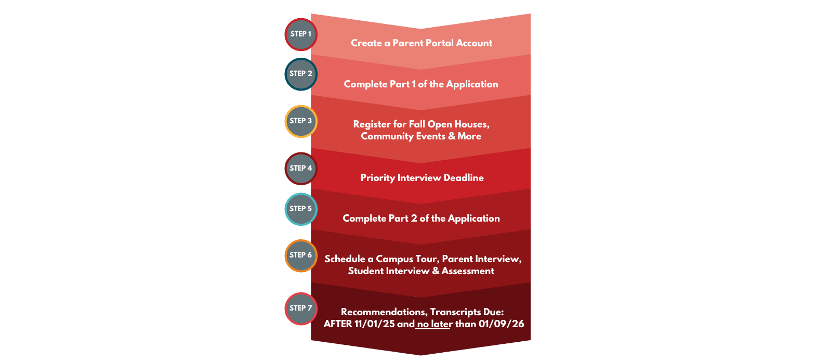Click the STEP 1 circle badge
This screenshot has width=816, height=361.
tap(301, 35)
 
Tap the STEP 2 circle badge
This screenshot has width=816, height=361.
tap(301, 74)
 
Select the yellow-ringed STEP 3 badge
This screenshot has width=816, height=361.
tap(301, 121)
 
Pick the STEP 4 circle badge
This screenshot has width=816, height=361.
tap(301, 169)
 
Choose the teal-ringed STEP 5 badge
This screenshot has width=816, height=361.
tap(301, 209)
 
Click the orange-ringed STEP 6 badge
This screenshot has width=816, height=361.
tap(301, 255)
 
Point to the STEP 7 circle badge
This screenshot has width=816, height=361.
tap(301, 308)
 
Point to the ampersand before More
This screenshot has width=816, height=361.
tap(452, 136)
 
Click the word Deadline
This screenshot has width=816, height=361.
tap(464, 177)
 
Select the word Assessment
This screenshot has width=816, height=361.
tap(468, 271)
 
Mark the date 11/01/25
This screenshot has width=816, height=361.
tap(374, 324)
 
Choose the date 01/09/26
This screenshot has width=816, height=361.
tap(501, 324)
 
